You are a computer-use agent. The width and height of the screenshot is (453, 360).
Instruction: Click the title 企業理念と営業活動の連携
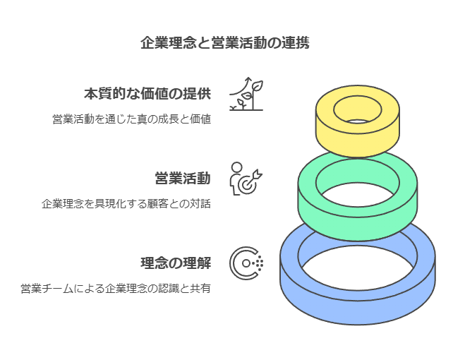tap(225, 43)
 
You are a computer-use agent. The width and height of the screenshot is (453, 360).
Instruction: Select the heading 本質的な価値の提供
tap(147, 94)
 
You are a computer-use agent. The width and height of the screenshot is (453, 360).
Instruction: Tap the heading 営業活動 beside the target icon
tap(183, 179)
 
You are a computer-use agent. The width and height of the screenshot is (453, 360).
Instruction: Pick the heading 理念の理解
tap(176, 263)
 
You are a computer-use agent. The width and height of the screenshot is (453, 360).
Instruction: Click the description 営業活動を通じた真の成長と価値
tap(132, 119)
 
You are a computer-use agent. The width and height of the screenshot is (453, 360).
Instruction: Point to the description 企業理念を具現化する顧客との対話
tap(126, 204)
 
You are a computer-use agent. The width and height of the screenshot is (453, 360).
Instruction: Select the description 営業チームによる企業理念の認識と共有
tap(116, 289)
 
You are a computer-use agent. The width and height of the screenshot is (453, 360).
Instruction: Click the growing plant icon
tap(246, 94)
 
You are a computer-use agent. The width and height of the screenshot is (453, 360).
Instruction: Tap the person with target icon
tap(246, 179)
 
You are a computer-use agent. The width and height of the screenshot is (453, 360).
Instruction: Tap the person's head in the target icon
tap(237, 167)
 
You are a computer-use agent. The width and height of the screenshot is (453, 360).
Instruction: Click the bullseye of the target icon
tap(246, 185)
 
